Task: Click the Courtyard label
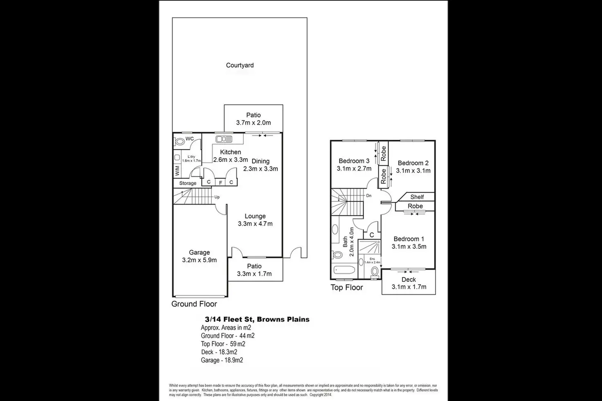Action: pos(240,65)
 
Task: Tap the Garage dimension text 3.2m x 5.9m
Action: pos(199,260)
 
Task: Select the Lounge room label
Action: pos(255,216)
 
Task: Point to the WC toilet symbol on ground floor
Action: pos(180,142)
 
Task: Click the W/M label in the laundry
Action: pos(177,171)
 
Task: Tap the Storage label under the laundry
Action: pos(188,183)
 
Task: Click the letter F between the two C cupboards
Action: pos(220,182)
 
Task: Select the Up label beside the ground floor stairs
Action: pos(217,197)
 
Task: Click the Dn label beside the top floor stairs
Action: pos(368,196)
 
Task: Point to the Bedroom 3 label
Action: pos(354,161)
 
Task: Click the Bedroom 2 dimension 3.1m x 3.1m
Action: pos(413,171)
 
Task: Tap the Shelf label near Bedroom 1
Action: pos(417,197)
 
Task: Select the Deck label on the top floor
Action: pos(409,279)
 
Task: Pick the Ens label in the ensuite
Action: pos(372,259)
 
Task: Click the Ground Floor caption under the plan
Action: pos(194,304)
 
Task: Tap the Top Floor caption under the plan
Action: pos(346,288)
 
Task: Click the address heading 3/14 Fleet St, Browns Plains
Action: pos(257,319)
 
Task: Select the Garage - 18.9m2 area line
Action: pos(222,360)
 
